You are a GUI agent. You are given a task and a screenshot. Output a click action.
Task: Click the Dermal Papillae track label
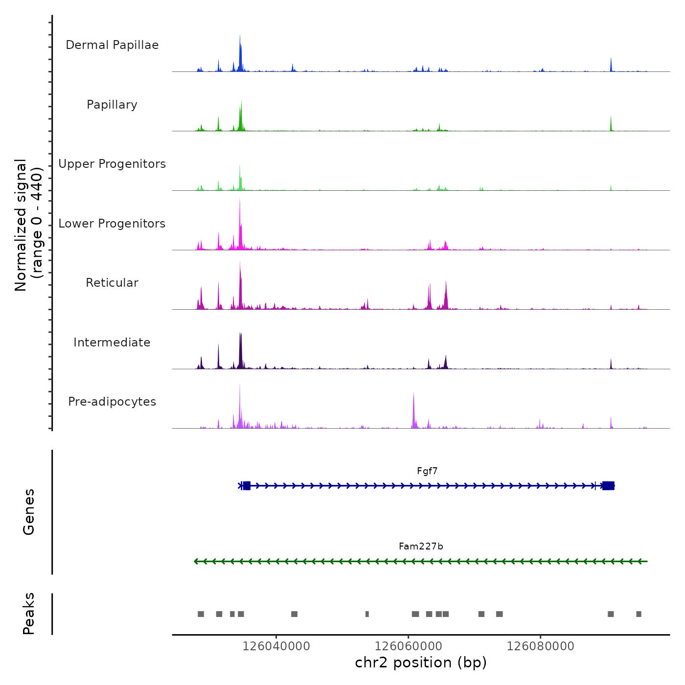[112, 45]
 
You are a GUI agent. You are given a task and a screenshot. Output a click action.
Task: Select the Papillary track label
[112, 105]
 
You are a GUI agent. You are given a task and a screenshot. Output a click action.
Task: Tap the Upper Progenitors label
[112, 164]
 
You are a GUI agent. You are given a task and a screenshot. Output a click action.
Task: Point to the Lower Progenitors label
[112, 224]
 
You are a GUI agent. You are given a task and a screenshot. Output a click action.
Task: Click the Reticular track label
[112, 283]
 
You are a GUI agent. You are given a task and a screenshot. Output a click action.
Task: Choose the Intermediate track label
[112, 342]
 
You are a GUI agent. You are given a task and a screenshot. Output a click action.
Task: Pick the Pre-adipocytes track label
[112, 402]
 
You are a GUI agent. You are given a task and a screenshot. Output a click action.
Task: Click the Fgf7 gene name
[427, 471]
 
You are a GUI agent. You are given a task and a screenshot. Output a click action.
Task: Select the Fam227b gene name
[421, 547]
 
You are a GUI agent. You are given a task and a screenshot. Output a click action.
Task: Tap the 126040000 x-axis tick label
[276, 646]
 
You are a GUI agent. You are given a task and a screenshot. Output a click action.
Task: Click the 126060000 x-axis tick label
[409, 646]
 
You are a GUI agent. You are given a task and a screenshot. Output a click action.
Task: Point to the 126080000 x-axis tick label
[541, 646]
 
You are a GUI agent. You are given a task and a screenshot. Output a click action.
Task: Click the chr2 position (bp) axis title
[421, 662]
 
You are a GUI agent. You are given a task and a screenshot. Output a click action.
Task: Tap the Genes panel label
[29, 512]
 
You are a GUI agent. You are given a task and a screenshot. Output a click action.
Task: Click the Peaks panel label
[29, 614]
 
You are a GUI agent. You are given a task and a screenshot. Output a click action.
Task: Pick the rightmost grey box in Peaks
[639, 614]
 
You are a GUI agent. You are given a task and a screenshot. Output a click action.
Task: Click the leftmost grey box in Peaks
[201, 614]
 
